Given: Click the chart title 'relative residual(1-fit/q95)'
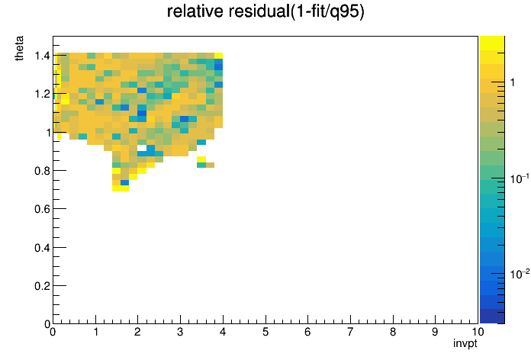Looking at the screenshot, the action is pos(265,12).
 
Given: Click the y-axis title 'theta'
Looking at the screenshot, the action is pos(19,48).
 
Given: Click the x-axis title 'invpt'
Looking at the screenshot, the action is pos(465,343).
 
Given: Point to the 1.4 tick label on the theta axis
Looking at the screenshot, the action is pos(42,55).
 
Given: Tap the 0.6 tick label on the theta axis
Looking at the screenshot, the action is pos(42,209).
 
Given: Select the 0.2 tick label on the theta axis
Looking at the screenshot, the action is pos(42,286).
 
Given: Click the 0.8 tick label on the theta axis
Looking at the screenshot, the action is pos(42,171).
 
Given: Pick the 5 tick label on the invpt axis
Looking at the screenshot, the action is pos(265,332).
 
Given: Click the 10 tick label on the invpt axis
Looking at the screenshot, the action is pos(478,332).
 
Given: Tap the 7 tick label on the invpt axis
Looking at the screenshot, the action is pos(350,332).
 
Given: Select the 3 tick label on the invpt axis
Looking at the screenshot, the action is pos(180,332).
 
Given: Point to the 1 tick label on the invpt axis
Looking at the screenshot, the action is pos(96,332).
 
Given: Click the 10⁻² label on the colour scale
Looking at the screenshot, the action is pos(520,273).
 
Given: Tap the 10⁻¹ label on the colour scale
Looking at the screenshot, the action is pos(520,178).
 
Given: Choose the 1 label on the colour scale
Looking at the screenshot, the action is pos(513,82).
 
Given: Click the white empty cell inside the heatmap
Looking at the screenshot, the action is pos(142,148).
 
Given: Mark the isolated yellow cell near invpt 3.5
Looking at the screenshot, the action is pos(201,159).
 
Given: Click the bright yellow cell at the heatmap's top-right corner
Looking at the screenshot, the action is pos(218,56).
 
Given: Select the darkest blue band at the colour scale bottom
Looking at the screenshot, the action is pos(492,317).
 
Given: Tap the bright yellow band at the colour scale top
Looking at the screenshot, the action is pos(492,43).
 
